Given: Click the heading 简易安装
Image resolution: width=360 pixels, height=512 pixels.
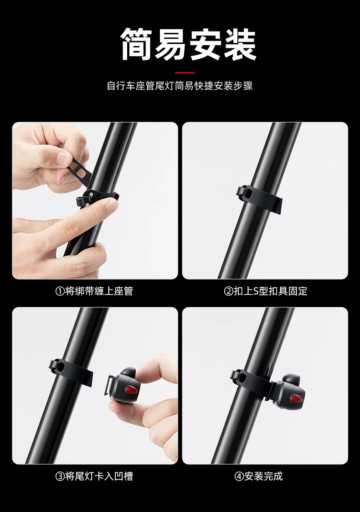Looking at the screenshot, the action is [189, 44].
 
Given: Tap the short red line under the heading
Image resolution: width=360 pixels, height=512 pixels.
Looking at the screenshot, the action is [185, 72].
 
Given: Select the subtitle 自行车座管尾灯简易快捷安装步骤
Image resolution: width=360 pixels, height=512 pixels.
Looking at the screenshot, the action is [180, 86].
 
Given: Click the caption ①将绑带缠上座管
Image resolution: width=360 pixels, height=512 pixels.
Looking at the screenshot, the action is [94, 291].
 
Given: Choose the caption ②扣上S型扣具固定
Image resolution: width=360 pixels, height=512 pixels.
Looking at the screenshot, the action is [266, 291].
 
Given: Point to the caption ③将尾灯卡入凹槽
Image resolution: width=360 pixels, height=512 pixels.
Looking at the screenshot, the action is [94, 476].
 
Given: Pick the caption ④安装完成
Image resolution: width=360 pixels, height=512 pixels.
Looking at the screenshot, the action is [258, 476].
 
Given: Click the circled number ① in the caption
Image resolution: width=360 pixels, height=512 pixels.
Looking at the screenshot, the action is [60, 291].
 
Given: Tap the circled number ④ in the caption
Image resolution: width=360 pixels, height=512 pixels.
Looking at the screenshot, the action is [239, 476].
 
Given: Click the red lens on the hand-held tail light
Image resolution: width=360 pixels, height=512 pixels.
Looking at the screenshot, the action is [131, 389].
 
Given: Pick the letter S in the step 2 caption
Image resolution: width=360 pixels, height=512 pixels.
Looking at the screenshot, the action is [256, 291].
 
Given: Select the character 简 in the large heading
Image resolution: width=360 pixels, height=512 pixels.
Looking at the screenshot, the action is [138, 44].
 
